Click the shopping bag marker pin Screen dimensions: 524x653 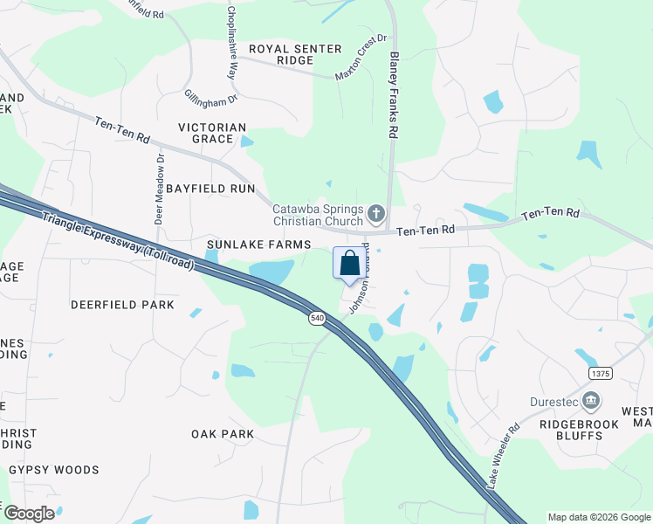349,264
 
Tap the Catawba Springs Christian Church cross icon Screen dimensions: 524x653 376,213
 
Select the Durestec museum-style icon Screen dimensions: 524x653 592,402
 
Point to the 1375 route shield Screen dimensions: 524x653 601,373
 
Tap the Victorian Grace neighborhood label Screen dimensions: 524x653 212,133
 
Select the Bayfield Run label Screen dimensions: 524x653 210,189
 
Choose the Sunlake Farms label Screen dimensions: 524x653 247,245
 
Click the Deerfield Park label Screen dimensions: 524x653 123,305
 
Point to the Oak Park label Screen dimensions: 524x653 223,434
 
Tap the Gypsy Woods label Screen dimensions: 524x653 54,470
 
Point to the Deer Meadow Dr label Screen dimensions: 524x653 159,190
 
